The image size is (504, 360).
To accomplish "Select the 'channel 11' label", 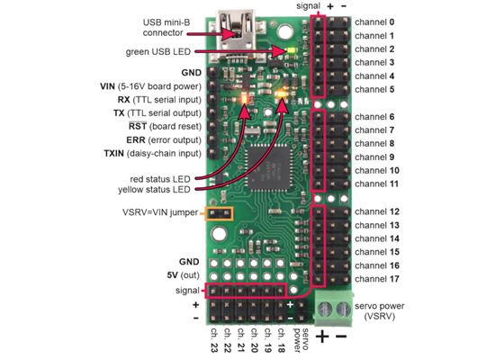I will [377, 184].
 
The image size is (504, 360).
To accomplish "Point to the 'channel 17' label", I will [377, 280].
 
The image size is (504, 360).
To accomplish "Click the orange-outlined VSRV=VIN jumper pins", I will [219, 214].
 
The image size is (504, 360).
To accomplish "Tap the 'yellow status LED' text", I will [154, 190].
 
